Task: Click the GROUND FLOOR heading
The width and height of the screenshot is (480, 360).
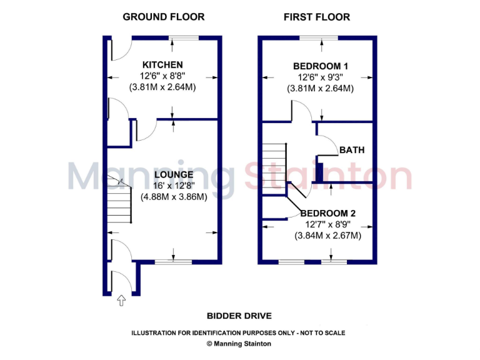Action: coord(162,17)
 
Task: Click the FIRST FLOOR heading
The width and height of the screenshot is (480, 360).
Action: coord(317,17)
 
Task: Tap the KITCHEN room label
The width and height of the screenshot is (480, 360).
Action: coord(162,65)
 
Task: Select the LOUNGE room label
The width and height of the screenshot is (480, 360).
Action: coord(174,174)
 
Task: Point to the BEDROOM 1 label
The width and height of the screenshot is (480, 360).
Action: coord(321,66)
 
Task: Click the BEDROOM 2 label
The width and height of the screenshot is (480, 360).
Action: coord(327,212)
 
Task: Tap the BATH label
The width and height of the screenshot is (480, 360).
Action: coord(352,150)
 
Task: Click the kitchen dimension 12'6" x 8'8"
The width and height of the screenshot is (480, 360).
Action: coord(162,76)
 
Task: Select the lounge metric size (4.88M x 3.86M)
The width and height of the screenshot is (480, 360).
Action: coord(174,196)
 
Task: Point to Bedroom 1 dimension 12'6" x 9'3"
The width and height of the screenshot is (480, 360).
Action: coord(321,77)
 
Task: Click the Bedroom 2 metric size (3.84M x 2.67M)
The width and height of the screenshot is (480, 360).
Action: coord(327,236)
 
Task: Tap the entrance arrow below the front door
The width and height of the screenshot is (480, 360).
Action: coord(121,301)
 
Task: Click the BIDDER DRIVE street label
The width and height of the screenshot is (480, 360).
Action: coord(239,316)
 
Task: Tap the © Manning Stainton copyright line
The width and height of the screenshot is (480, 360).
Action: coord(239,344)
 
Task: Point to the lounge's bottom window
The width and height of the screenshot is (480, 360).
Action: coord(173,262)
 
